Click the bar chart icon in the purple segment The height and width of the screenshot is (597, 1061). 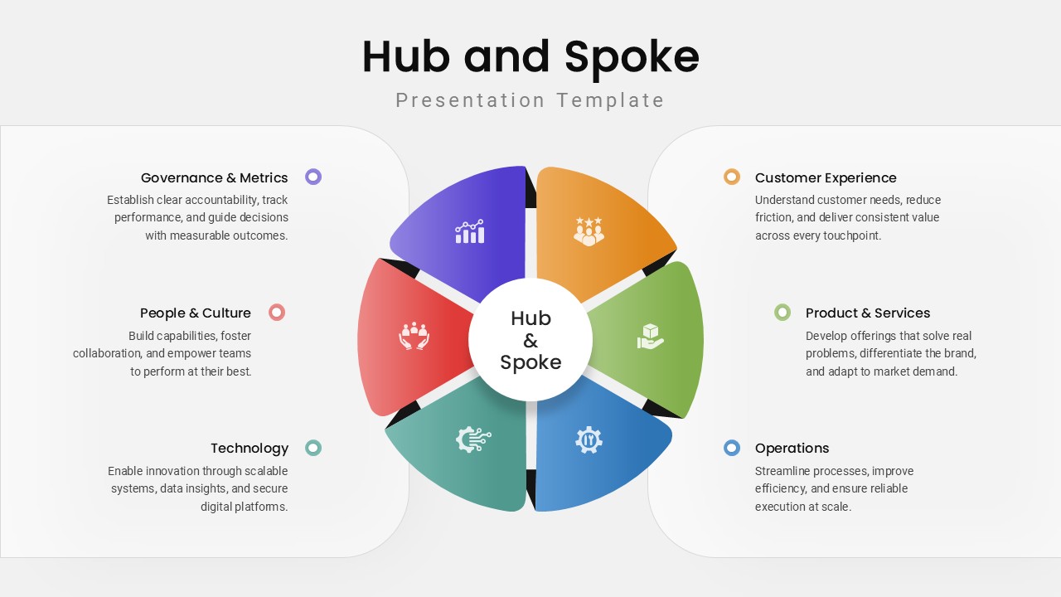click(469, 232)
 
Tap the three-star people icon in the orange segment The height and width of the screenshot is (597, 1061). click(589, 231)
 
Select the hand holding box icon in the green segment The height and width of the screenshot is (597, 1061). click(650, 336)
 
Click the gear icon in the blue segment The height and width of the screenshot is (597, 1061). click(589, 439)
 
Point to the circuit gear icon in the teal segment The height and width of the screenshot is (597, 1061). click(473, 439)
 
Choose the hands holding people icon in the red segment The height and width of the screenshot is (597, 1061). click(414, 336)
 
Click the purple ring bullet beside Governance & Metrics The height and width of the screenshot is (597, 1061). click(313, 177)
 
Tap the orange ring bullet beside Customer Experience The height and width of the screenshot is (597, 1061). click(731, 177)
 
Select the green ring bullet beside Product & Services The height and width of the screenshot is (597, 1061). click(782, 312)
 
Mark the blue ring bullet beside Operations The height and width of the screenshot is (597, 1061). click(731, 448)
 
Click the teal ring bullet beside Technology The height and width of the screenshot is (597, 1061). click(313, 448)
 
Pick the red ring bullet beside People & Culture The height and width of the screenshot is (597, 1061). click(277, 312)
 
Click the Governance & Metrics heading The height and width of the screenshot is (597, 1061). click(214, 177)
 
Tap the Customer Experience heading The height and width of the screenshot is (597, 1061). click(826, 177)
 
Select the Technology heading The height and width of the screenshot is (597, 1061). click(249, 448)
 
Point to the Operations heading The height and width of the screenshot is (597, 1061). click(792, 448)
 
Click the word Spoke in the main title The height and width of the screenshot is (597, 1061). click(632, 56)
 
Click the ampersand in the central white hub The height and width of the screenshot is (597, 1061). click(530, 341)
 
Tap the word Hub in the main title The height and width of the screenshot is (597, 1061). click(405, 56)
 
